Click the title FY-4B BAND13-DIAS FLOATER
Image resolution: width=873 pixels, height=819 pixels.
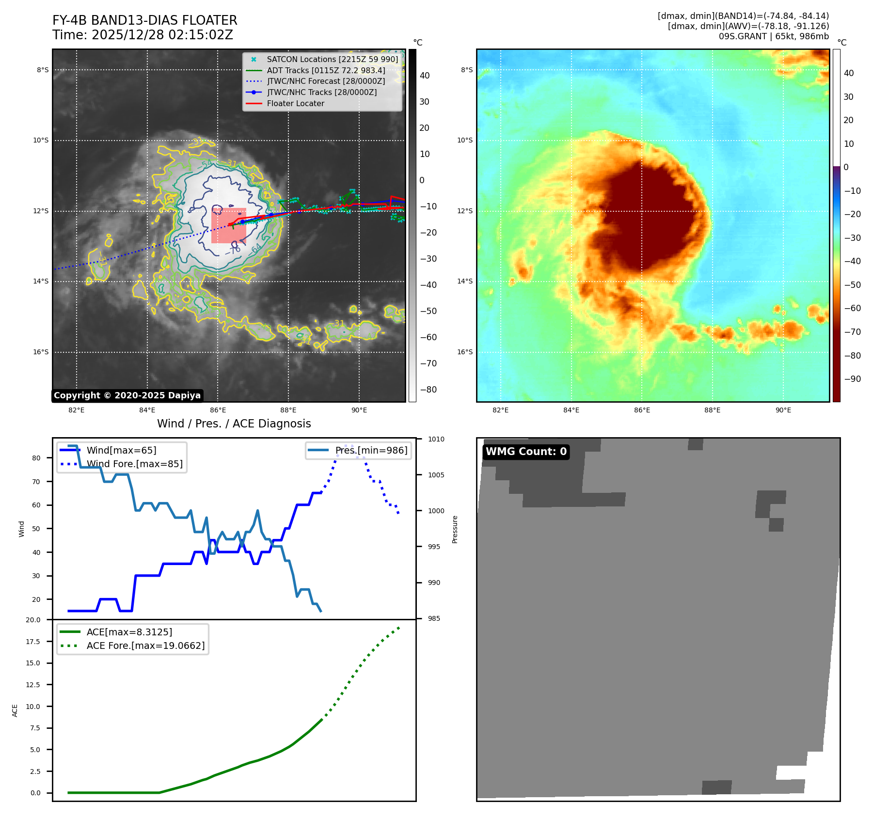click(x=144, y=20)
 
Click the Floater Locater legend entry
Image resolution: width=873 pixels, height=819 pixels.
click(x=295, y=103)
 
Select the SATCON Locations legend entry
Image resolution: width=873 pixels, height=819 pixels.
click(x=332, y=59)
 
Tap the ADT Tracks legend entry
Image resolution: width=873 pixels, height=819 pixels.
click(x=326, y=70)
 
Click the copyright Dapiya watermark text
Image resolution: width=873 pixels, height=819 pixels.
click(x=127, y=395)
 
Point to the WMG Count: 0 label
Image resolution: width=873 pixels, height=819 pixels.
click(x=526, y=452)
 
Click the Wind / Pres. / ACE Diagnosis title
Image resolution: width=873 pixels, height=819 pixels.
click(x=234, y=424)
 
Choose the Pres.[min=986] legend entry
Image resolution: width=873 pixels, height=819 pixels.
click(x=371, y=450)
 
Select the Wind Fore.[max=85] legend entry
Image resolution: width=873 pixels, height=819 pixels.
click(x=134, y=464)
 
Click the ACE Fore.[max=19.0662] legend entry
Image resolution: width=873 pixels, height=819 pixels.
click(x=145, y=646)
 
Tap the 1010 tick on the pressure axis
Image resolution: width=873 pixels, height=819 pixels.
click(x=436, y=439)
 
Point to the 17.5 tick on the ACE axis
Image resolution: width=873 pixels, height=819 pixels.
click(x=33, y=642)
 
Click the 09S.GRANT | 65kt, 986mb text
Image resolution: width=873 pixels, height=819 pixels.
click(x=774, y=36)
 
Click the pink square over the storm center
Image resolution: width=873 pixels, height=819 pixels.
click(x=229, y=226)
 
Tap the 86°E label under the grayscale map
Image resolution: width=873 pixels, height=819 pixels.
click(x=218, y=410)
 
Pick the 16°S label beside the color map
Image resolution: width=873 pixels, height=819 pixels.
click(x=464, y=352)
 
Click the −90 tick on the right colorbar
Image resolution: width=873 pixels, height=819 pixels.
click(x=852, y=379)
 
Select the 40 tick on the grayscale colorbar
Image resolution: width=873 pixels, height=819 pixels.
click(x=425, y=75)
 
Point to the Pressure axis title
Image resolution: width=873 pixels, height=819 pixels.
click(x=455, y=529)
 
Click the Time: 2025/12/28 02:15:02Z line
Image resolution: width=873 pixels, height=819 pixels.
click(x=143, y=35)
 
